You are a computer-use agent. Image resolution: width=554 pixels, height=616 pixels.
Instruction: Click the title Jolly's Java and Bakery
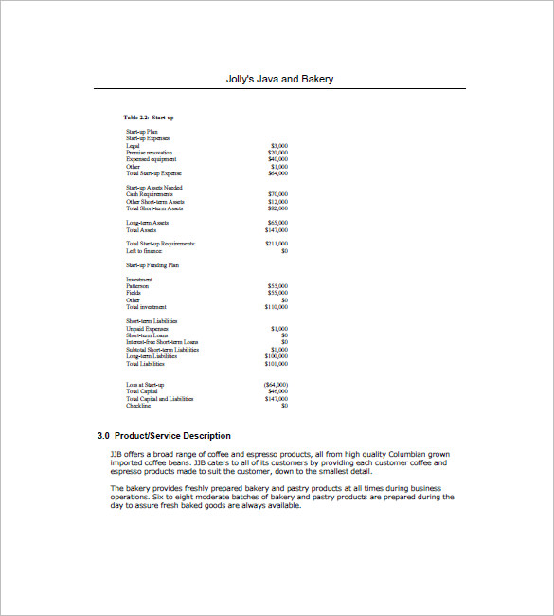(x=280, y=79)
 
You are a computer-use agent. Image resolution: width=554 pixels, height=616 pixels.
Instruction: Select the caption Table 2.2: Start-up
(x=149, y=117)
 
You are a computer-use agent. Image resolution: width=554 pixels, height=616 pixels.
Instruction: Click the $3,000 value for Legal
(x=279, y=145)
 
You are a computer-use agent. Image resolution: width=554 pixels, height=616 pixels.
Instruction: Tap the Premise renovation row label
(x=150, y=152)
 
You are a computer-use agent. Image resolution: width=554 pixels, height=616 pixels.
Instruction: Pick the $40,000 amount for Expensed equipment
(x=278, y=159)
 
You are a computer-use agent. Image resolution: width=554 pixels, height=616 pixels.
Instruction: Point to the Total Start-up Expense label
(x=153, y=173)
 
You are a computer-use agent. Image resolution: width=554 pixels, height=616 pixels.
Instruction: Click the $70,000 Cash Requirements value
(x=278, y=194)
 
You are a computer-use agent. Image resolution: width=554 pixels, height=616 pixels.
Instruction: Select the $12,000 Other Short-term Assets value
(x=278, y=201)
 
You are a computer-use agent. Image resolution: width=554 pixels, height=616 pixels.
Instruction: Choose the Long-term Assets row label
(x=147, y=223)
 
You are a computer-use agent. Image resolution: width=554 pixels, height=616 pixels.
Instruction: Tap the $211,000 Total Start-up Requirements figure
(x=277, y=244)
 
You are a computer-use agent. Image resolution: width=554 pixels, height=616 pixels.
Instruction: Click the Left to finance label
(x=143, y=251)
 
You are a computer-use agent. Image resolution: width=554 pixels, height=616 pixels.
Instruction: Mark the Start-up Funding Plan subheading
(x=152, y=265)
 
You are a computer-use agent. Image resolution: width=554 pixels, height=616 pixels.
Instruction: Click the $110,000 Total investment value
(x=277, y=307)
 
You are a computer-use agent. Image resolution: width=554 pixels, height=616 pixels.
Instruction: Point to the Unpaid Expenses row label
(x=147, y=328)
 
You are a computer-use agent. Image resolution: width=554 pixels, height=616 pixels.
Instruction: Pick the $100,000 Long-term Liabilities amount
(x=277, y=356)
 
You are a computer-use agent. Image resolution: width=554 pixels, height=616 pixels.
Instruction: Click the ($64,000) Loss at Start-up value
(x=277, y=385)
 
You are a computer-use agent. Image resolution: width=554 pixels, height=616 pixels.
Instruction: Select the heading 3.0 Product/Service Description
(x=164, y=436)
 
